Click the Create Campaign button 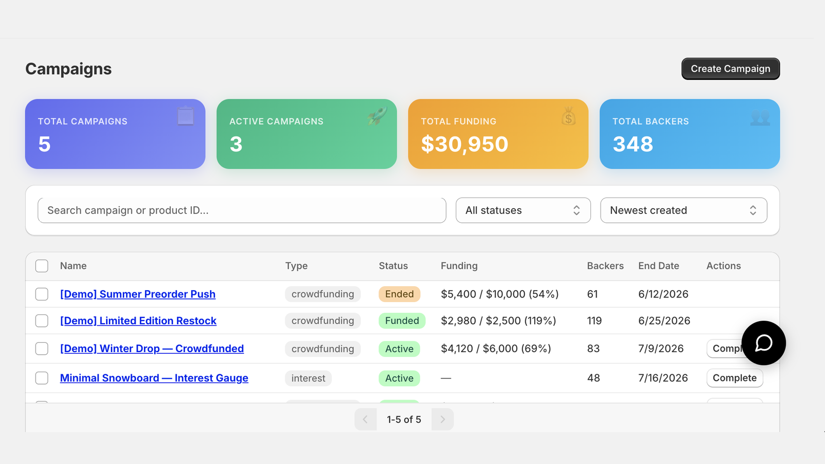tap(730, 69)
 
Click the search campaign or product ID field tap(242, 210)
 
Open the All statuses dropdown tap(523, 210)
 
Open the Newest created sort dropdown tap(684, 210)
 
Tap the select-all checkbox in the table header tap(42, 266)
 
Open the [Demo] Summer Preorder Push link tap(138, 294)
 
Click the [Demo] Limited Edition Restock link tap(138, 321)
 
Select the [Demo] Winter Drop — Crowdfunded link tap(152, 349)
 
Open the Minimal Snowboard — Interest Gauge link tap(154, 378)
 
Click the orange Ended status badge tap(399, 294)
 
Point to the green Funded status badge tap(402, 321)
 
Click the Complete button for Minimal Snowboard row tap(734, 378)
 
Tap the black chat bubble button tap(764, 343)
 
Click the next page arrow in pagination tap(442, 420)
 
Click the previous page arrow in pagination tap(366, 420)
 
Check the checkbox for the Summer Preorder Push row tap(42, 294)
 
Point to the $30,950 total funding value tap(465, 144)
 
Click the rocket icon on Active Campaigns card tap(377, 116)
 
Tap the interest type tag tap(308, 378)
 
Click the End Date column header tap(658, 266)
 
